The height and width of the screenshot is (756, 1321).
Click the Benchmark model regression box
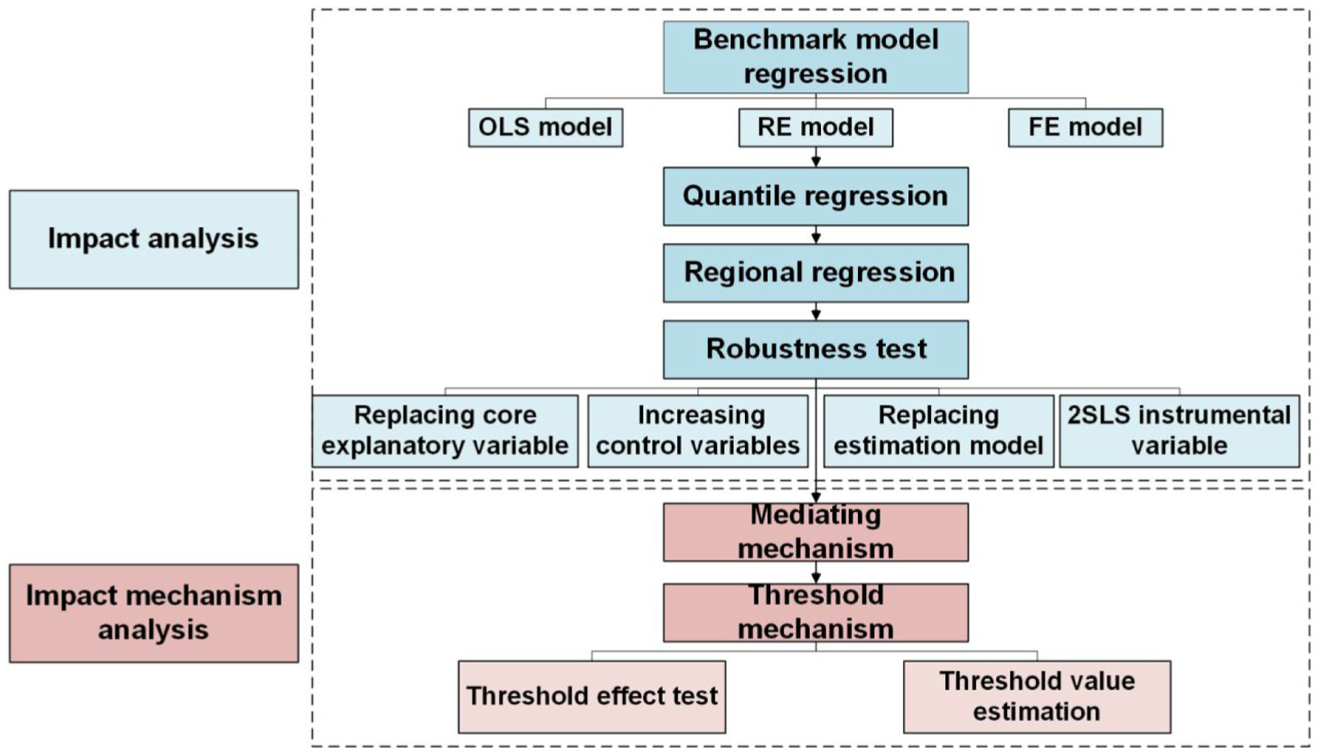point(815,57)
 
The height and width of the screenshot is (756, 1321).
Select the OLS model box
point(546,127)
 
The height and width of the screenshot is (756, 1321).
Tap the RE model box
point(815,127)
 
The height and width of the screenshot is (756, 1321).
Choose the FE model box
point(1086,127)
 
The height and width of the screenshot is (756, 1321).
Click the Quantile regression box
point(815,197)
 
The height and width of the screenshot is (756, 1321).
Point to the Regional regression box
point(815,273)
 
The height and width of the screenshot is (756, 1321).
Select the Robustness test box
point(815,350)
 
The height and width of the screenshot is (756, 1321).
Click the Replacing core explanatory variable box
point(445,432)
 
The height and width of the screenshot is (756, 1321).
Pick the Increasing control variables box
point(697,432)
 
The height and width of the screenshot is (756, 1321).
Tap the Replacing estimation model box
point(939,432)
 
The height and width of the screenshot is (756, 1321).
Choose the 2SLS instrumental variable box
point(1179,432)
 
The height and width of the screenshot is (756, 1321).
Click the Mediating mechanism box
point(815,532)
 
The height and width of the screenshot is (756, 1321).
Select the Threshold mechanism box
point(815,613)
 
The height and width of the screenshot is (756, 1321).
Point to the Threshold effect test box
point(592,697)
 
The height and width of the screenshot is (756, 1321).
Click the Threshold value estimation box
point(1037,697)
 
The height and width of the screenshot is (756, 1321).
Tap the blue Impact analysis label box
point(154,239)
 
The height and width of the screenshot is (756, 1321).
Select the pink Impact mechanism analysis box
point(154,613)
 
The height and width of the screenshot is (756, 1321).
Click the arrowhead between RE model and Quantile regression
point(815,162)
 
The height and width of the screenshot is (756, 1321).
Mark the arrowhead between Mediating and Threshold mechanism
point(815,578)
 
